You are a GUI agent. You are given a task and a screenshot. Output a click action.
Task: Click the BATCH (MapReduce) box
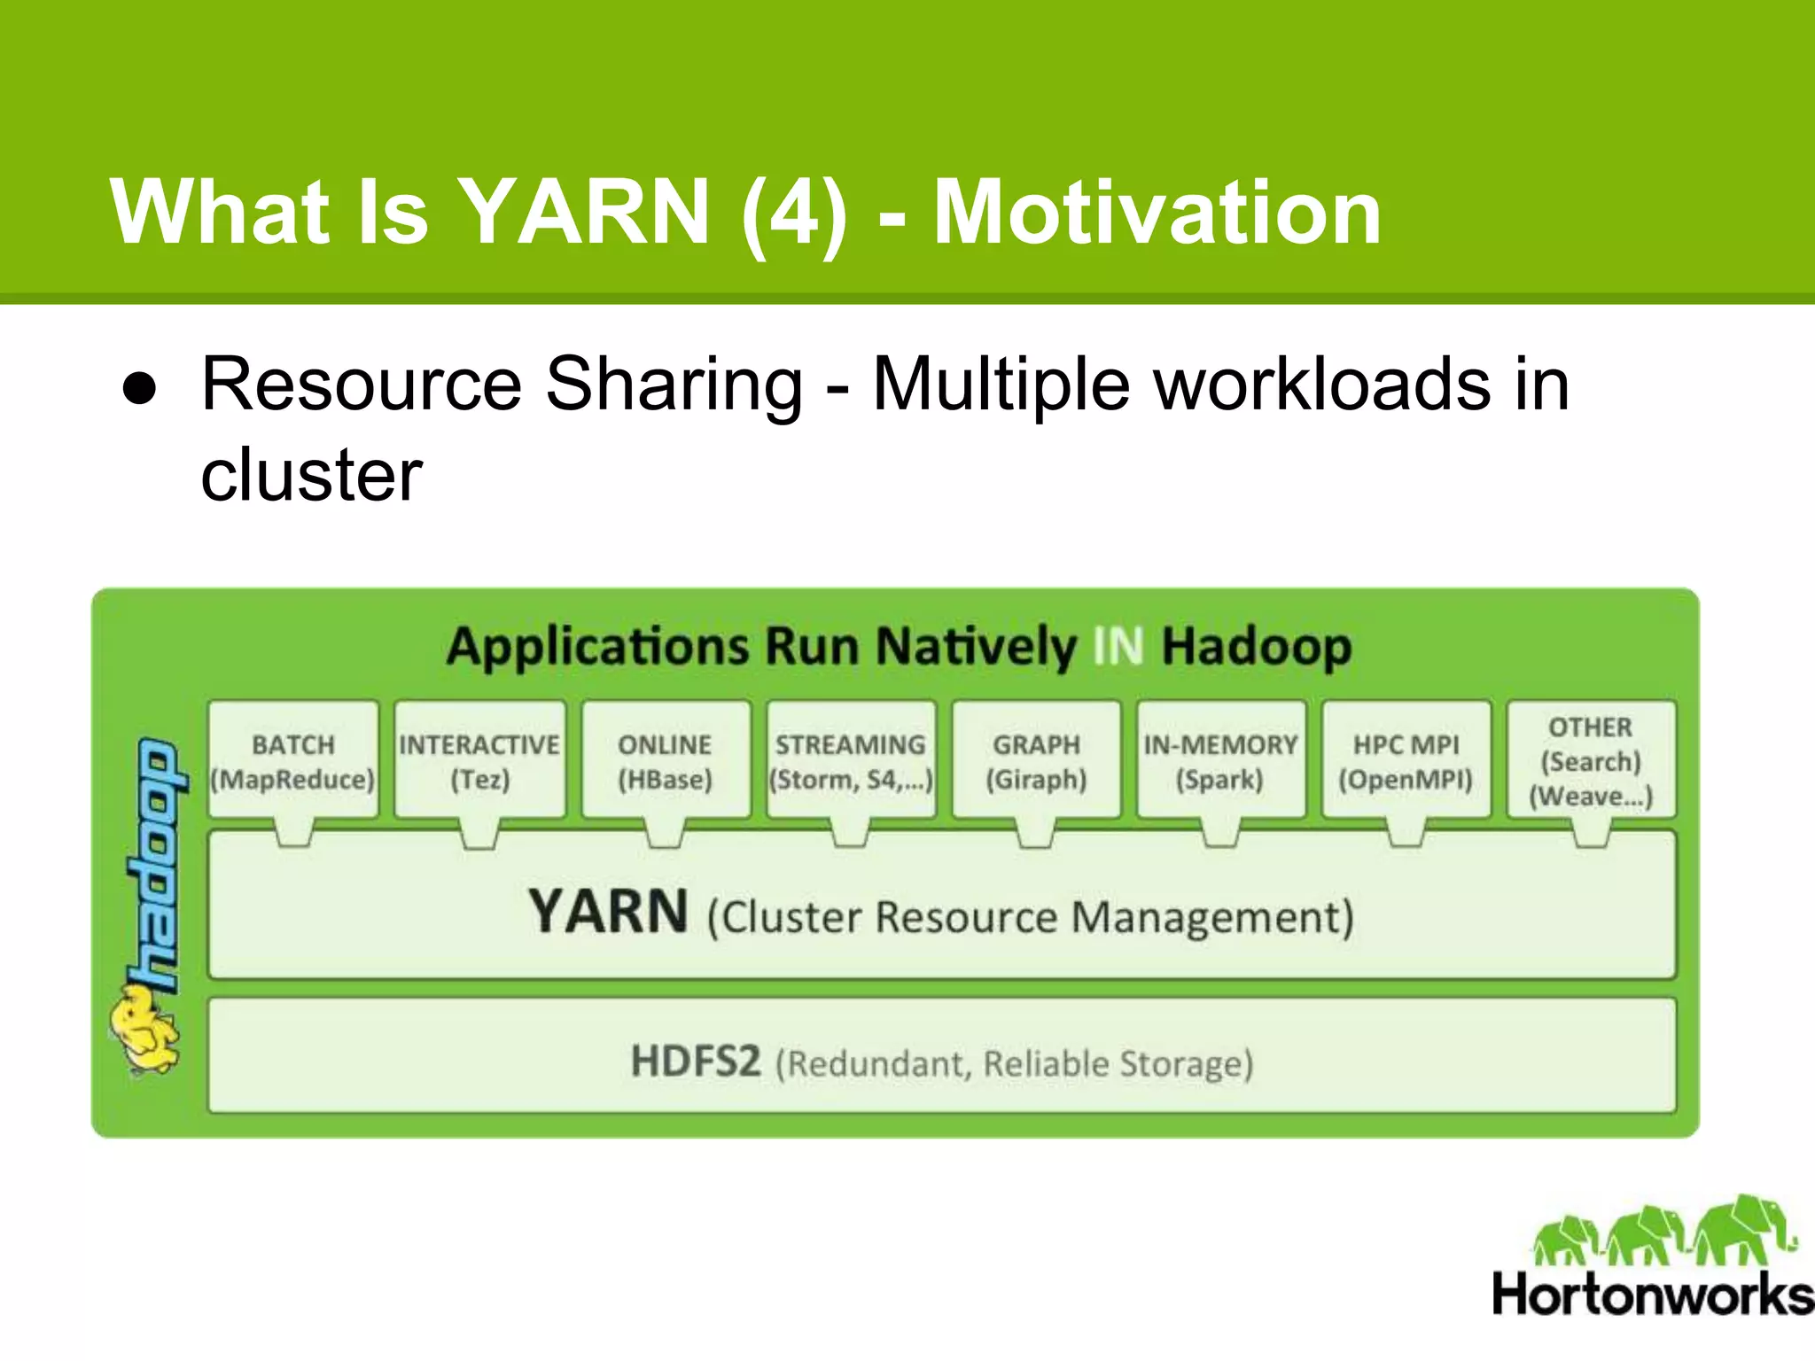coord(293,760)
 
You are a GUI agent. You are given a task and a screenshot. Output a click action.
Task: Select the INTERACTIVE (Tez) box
coord(479,760)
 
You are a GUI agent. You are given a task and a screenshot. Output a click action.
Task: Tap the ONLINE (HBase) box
coord(666,760)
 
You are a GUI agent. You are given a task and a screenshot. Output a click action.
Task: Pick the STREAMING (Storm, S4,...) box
coord(851,760)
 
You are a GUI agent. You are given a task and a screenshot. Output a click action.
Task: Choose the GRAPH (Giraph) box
coord(1036,760)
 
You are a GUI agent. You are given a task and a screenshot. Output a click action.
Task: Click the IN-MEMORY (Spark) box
coord(1220,760)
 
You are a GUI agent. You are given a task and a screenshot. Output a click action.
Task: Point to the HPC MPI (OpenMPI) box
coord(1406,760)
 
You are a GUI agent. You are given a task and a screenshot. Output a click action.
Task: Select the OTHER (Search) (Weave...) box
coord(1591,760)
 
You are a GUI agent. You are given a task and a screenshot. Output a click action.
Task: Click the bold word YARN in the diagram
coord(608,912)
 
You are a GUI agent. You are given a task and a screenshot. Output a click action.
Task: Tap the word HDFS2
coord(696,1061)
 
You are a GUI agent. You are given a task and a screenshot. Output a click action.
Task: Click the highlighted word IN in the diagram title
coord(1118,645)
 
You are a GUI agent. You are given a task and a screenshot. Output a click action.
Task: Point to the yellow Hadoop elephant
coord(144,1031)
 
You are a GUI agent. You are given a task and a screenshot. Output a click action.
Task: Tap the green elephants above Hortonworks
coord(1663,1231)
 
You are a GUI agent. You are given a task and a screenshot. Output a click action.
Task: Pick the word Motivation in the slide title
coord(1157,212)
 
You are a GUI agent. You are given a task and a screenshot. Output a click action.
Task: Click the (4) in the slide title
coord(794,212)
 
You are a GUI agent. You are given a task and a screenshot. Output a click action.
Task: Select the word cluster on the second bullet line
coord(311,475)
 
